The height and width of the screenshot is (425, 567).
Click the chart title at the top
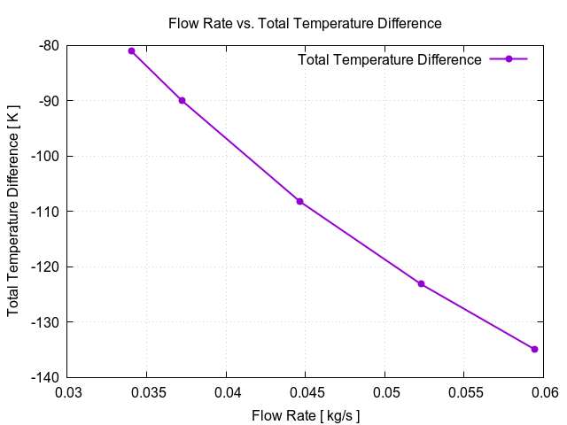pyautogui.click(x=305, y=23)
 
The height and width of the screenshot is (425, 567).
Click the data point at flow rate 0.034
pyautogui.click(x=131, y=50)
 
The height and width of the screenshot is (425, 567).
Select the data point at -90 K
pyautogui.click(x=182, y=100)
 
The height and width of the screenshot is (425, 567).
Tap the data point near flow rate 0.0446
pyautogui.click(x=299, y=201)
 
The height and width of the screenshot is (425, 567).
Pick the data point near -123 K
pyautogui.click(x=421, y=283)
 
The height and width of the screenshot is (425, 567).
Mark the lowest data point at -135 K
pyautogui.click(x=534, y=349)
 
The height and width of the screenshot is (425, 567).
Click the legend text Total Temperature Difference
pyautogui.click(x=390, y=59)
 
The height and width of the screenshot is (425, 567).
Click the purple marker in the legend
pyautogui.click(x=509, y=59)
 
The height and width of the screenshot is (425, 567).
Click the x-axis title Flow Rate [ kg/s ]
pyautogui.click(x=306, y=414)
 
